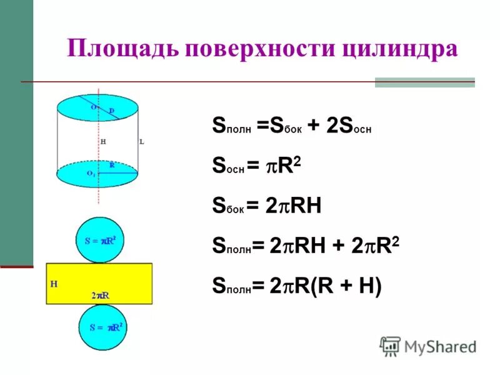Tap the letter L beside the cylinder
click(142, 142)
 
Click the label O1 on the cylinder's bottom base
click(91, 173)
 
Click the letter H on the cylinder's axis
click(103, 142)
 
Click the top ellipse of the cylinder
click(97, 106)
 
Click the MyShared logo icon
click(390, 346)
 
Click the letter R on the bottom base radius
click(112, 165)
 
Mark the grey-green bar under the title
click(424, 82)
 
